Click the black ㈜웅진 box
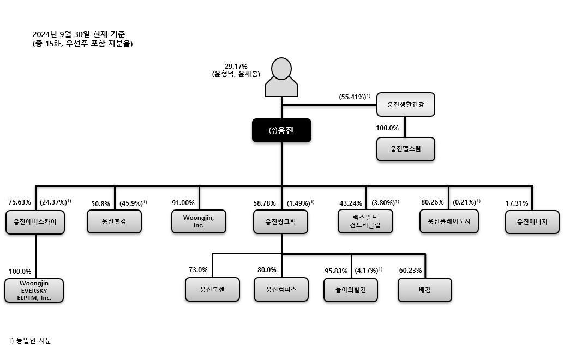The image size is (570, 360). click(281, 130)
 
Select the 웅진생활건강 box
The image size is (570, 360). click(406, 104)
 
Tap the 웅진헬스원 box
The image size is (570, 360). click(406, 149)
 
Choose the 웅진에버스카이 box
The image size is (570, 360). click(35, 222)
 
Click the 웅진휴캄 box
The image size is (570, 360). click(115, 221)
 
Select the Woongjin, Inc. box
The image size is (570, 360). click(199, 221)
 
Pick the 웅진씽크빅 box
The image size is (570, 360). click(281, 221)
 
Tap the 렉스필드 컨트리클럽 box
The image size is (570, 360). click(365, 221)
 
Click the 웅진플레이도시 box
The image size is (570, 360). click(449, 221)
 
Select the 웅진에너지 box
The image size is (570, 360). click(532, 221)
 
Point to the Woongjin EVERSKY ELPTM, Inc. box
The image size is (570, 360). click(34, 290)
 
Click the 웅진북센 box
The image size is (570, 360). click(212, 290)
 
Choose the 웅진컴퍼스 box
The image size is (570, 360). click(281, 290)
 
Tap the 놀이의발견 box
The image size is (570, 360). click(351, 290)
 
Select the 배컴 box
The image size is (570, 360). click(424, 290)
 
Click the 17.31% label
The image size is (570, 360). click(517, 203)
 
